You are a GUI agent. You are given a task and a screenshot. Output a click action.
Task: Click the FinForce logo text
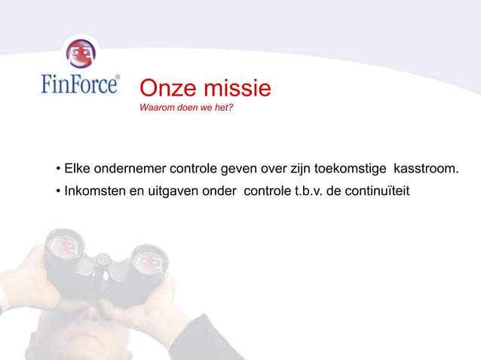click(x=79, y=83)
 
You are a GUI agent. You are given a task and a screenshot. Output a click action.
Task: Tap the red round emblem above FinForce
click(x=78, y=53)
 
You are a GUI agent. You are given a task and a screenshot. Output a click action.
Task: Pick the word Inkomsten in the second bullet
click(x=95, y=189)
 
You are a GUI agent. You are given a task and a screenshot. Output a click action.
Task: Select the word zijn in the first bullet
click(x=293, y=167)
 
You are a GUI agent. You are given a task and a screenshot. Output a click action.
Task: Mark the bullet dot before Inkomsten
click(x=57, y=190)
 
